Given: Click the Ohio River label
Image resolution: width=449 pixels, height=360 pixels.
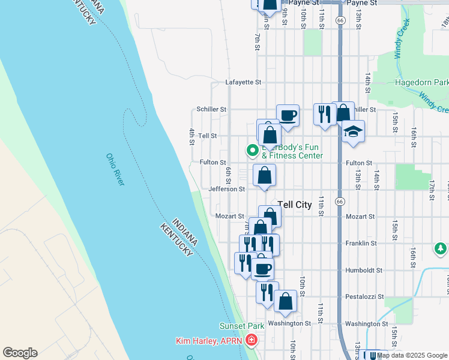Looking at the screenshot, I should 115,169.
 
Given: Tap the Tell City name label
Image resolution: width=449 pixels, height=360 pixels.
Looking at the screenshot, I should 294,205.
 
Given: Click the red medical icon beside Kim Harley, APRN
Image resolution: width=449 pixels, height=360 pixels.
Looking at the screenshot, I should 250,341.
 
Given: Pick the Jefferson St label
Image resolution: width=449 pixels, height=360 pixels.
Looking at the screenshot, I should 226,189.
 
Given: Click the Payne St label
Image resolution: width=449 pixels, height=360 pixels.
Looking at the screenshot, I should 307,3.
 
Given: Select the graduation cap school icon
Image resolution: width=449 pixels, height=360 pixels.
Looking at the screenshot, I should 353,132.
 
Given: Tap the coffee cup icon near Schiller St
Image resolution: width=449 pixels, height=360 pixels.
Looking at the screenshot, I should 288,115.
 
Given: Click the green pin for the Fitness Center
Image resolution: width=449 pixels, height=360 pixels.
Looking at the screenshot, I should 253,151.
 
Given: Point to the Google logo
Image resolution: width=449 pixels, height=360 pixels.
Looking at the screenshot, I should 19,353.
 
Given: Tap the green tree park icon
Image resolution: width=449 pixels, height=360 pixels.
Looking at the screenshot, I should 441,248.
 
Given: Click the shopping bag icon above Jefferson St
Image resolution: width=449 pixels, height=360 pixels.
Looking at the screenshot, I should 264,176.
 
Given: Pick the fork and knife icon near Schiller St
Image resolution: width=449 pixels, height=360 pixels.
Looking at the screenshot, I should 325,114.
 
